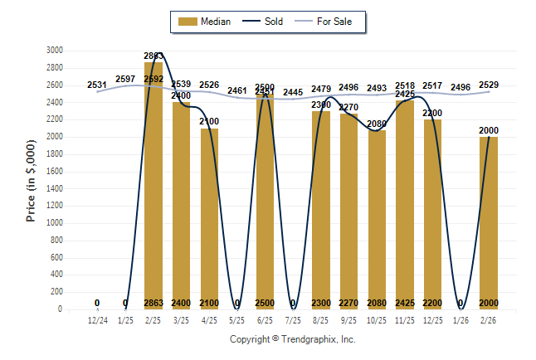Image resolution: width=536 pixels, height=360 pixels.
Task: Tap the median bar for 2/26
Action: tap(489, 223)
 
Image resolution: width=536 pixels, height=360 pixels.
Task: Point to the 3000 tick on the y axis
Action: tap(54, 51)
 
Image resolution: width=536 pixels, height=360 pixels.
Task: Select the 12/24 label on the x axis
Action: tap(97, 320)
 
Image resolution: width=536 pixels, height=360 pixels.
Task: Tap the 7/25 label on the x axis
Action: tap(293, 320)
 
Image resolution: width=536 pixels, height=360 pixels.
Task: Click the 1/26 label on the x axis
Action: tap(460, 320)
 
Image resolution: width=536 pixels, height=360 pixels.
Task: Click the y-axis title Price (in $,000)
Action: tap(31, 180)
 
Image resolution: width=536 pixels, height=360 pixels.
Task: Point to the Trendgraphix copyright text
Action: tap(292, 339)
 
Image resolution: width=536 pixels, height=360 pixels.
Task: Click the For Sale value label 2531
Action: tap(97, 85)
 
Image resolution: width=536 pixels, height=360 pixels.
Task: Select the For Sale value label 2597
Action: tap(125, 79)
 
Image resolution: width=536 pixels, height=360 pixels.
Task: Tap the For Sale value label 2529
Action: tap(489, 85)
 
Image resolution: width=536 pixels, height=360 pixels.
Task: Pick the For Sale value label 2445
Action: tap(293, 92)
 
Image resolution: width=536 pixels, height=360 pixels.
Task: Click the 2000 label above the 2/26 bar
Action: tap(489, 131)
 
